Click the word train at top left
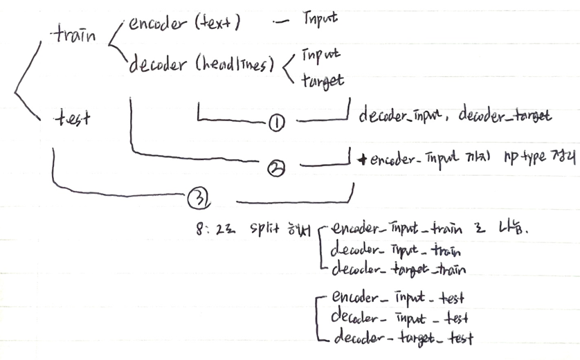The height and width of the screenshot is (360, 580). tap(74, 35)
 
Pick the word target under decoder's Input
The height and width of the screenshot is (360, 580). tap(323, 80)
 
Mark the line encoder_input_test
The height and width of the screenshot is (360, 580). tap(397, 299)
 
